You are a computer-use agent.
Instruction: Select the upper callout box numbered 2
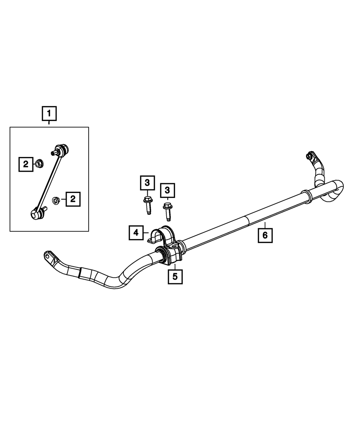click(x=26, y=165)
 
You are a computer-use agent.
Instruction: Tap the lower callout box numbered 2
click(x=73, y=199)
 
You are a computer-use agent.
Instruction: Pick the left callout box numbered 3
click(x=147, y=183)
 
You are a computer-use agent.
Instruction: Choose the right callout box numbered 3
click(x=167, y=190)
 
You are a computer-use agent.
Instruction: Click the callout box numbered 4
click(x=136, y=233)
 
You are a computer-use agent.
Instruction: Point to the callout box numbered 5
click(x=175, y=276)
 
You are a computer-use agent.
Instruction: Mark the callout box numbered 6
click(x=265, y=235)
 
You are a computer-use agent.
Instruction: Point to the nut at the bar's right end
click(x=309, y=156)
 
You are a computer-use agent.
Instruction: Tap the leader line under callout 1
click(x=49, y=123)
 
